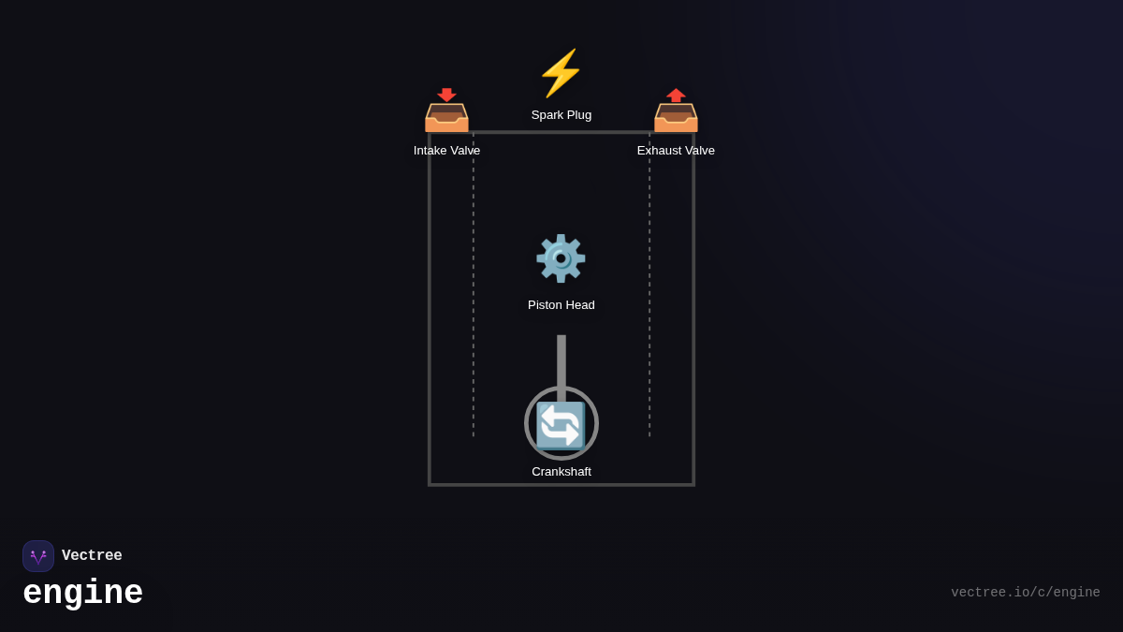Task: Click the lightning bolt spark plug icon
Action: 561,73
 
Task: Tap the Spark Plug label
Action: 561,115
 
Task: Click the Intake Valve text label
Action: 446,151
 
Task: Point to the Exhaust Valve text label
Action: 676,151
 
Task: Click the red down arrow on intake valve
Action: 446,95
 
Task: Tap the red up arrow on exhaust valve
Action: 676,95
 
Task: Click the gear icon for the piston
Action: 561,258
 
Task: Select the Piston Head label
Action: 561,305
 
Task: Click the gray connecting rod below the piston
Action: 561,360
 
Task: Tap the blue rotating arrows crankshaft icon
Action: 561,425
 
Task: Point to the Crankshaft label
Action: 561,472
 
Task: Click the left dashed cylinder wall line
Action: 474,281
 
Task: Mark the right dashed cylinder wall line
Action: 649,281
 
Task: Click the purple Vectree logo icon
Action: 38,556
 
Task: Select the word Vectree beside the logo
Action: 92,556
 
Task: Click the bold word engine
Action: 82,594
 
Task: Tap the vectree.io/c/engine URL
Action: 1025,593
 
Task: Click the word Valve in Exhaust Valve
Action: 696,151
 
